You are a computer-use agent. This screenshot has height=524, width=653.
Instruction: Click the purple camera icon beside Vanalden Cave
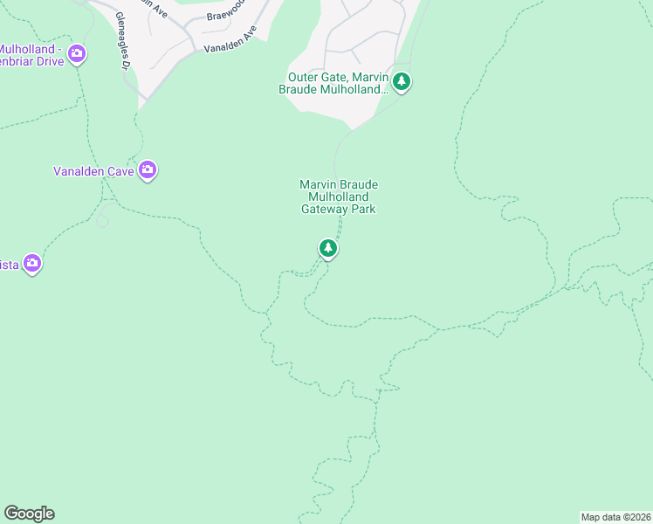[x=148, y=169]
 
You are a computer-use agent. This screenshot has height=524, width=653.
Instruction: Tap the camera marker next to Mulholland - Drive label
[x=77, y=54]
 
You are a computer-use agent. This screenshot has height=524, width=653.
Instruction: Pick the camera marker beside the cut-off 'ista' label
[x=32, y=262]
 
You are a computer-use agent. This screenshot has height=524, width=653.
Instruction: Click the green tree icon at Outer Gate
[x=401, y=82]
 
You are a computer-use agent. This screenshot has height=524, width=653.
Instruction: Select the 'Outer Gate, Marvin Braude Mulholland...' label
[x=335, y=83]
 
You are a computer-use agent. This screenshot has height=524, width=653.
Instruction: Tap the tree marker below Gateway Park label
[x=327, y=249]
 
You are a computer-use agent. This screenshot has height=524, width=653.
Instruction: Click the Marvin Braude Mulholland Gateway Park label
[x=338, y=196]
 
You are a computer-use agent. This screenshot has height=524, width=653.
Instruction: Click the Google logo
[x=29, y=514]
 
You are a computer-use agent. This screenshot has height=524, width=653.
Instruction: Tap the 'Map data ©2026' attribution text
[x=616, y=516]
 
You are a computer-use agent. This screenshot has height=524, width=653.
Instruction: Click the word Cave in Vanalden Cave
[x=120, y=171]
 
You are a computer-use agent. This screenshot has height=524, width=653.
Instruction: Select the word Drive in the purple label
[x=45, y=62]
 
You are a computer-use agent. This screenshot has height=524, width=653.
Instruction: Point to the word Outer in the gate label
[x=303, y=77]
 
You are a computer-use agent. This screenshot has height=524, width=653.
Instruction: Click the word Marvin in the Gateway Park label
[x=318, y=184]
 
